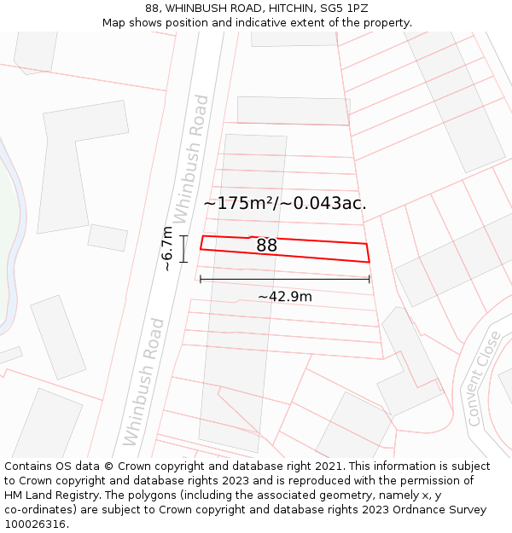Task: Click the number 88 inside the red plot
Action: [x=266, y=246]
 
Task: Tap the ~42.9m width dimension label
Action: [x=285, y=297]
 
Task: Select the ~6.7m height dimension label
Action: [x=168, y=248]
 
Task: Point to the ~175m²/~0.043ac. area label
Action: [x=285, y=203]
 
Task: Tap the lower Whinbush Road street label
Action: [x=143, y=381]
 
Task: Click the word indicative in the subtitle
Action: [x=281, y=22]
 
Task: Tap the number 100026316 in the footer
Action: [x=35, y=524]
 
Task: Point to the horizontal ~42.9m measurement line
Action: [x=285, y=279]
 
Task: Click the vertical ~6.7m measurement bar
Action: [x=183, y=248]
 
